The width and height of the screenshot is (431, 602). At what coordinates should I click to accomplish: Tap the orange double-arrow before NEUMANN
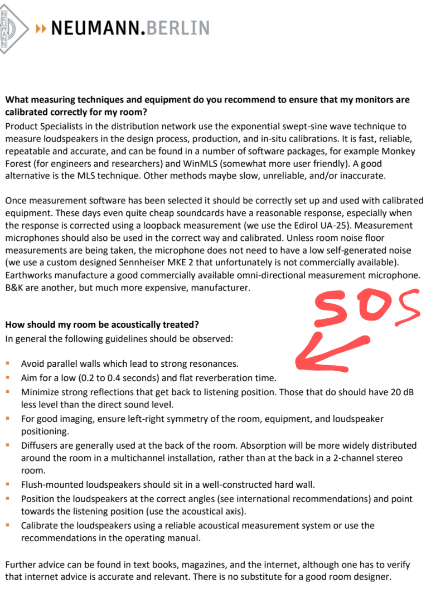click(x=41, y=28)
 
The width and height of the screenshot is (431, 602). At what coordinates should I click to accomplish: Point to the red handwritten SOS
click(x=366, y=307)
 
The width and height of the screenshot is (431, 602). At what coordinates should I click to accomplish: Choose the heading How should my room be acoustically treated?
click(x=101, y=324)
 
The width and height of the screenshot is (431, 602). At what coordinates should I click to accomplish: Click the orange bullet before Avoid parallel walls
click(x=8, y=364)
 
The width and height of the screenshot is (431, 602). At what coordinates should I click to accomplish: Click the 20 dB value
click(x=402, y=392)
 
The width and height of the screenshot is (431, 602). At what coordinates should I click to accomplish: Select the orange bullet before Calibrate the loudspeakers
click(x=8, y=525)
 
